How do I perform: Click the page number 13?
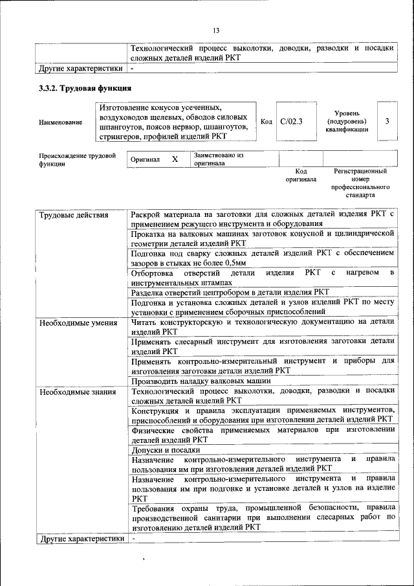tap(216, 30)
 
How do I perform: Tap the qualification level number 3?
tap(387, 121)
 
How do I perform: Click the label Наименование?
tap(60, 122)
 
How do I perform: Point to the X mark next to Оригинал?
tap(174, 159)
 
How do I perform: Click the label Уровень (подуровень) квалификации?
tap(347, 121)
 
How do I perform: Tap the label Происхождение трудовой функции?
tap(77, 159)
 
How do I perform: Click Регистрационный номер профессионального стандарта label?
tap(360, 183)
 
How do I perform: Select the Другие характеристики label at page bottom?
tap(81, 538)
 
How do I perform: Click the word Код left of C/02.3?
tap(266, 121)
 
